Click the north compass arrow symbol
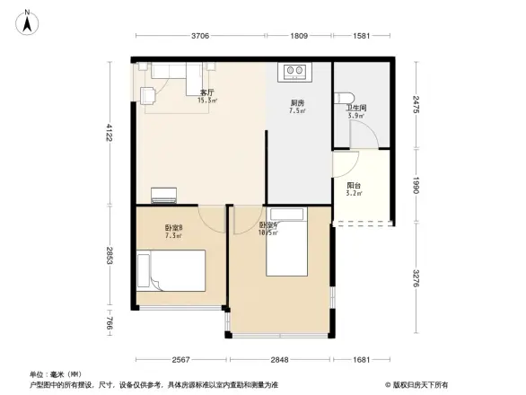[27, 21]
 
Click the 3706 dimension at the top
[199, 36]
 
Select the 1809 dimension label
[299, 36]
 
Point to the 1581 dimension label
[362, 36]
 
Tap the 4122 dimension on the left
[108, 133]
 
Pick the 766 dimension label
[108, 324]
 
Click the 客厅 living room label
[206, 92]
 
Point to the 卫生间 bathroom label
[355, 109]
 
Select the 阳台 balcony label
[355, 185]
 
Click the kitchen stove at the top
[295, 69]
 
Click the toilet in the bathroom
[346, 96]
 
